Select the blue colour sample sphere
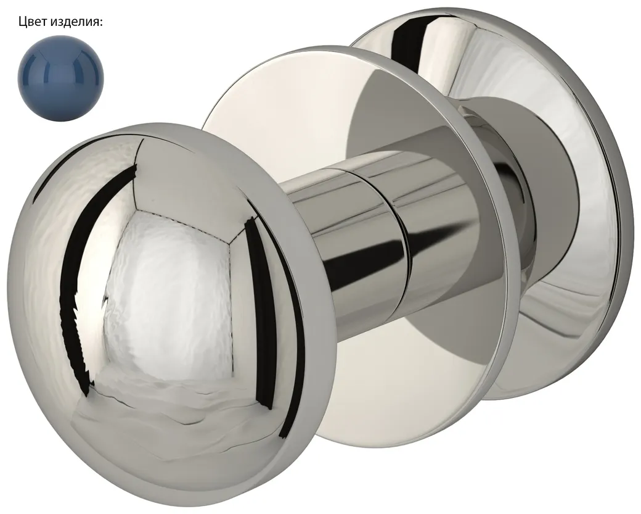point(60,77)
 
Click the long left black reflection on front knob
point(88,262)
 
